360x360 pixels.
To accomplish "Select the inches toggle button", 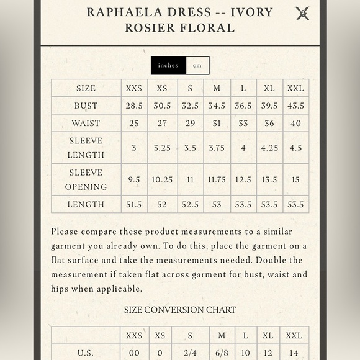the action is [168, 65].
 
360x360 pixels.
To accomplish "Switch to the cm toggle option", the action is [197, 65].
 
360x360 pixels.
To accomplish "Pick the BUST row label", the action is [86, 106].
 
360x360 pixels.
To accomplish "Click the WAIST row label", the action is [86, 123].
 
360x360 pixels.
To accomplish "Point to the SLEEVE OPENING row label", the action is [86, 179].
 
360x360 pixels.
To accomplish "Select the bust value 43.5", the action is [295, 106].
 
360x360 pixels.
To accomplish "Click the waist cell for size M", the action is [217, 123].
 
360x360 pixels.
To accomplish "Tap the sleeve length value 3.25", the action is [162, 148].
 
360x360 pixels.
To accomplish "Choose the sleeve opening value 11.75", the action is [217, 179].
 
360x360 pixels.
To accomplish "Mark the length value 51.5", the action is [134, 204].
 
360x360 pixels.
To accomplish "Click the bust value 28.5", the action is [134, 106].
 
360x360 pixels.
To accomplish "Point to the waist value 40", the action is [295, 123].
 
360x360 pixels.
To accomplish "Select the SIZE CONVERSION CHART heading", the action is [180, 310].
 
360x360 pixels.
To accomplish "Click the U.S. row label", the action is [86, 353].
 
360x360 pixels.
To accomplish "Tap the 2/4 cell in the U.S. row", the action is [190, 353].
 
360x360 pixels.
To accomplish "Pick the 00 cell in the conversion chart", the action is [134, 353].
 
